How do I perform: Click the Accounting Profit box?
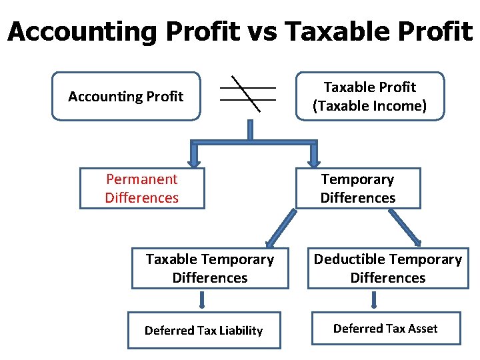pos(125,97)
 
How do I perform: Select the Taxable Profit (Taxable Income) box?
pos(369,97)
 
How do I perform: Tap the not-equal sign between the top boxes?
pos(248,94)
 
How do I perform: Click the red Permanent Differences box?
pos(142,189)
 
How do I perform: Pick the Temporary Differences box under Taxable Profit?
pos(358,189)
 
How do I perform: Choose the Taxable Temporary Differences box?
pos(210,268)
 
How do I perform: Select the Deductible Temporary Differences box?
pos(388,268)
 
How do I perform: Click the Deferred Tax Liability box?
pos(204,331)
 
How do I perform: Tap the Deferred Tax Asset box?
pos(385,328)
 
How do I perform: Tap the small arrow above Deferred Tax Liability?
pos(202,301)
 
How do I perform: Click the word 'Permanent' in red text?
pos(142,179)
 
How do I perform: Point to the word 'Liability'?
pos(240,331)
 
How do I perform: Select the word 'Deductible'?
pos(345,259)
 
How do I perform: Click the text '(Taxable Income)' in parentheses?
pos(369,105)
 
